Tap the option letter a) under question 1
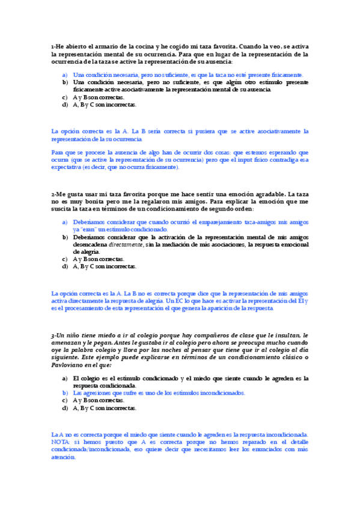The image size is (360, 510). point(65,75)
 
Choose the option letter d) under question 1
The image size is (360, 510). point(65,104)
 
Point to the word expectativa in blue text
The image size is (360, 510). point(67,167)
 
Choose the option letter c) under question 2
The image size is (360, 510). point(65,259)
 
